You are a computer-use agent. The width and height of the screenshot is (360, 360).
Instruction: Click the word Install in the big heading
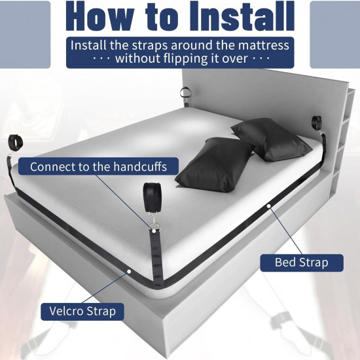[x=242, y=16]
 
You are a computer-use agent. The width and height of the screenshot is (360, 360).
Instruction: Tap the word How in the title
[x=100, y=16]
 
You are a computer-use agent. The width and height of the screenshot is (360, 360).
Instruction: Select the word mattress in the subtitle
[x=264, y=45]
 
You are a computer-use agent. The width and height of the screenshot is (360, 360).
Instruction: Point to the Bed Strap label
[x=302, y=262]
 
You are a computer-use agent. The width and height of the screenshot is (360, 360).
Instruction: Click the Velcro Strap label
[x=82, y=312]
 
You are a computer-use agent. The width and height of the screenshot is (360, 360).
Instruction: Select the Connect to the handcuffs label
[x=98, y=166]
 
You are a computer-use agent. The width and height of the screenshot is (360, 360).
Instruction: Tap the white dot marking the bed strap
[x=268, y=206]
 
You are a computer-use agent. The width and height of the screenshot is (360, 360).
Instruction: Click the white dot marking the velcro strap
[x=129, y=272]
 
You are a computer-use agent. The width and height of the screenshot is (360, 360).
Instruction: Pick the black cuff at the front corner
[x=153, y=197]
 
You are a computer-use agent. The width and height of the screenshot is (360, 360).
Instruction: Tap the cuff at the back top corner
[x=185, y=92]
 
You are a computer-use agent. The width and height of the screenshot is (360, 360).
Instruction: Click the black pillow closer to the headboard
[x=271, y=139]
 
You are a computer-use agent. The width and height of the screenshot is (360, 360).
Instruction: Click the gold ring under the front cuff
[x=156, y=225]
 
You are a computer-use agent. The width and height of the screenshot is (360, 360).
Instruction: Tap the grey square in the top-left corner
[x=25, y=35]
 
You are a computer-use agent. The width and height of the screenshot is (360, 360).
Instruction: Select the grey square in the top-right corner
[x=335, y=35]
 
